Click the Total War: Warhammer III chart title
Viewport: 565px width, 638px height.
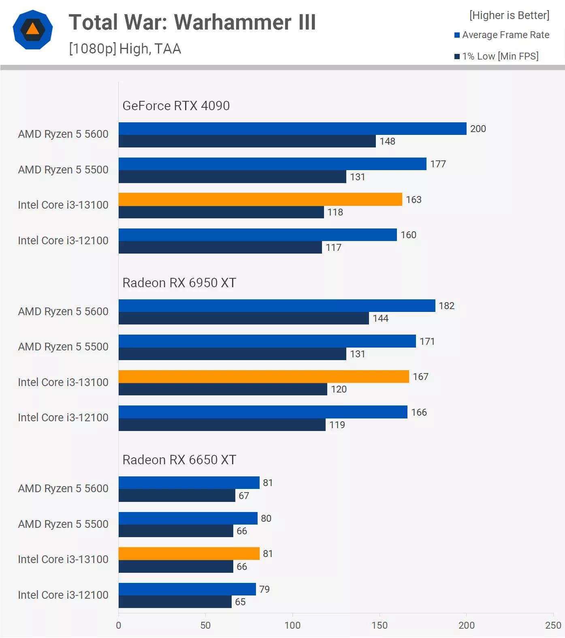coord(192,22)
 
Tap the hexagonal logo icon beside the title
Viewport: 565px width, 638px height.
coord(33,30)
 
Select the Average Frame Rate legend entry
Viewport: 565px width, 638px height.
coord(502,35)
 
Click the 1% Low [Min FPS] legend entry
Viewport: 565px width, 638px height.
coord(497,56)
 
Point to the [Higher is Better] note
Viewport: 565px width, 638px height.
coord(509,15)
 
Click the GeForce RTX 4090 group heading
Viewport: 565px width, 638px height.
coord(176,106)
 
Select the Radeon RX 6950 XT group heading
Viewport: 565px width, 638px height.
coord(179,283)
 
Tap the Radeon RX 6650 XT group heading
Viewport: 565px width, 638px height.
coord(179,460)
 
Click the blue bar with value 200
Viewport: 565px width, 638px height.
coord(292,128)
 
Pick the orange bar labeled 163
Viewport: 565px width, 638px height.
coord(260,199)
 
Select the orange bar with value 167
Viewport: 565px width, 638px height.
coord(264,376)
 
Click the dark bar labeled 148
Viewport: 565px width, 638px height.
coord(247,141)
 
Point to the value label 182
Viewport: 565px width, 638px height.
coord(447,306)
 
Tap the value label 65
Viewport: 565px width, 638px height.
coord(240,602)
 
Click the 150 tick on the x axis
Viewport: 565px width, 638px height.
coord(380,625)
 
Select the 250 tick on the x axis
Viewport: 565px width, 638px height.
coord(553,625)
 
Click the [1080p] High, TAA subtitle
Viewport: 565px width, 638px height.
coord(125,49)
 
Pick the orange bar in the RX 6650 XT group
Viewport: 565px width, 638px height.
coord(189,553)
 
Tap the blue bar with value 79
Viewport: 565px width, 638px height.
coord(187,589)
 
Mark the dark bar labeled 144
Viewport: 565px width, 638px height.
coord(244,318)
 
